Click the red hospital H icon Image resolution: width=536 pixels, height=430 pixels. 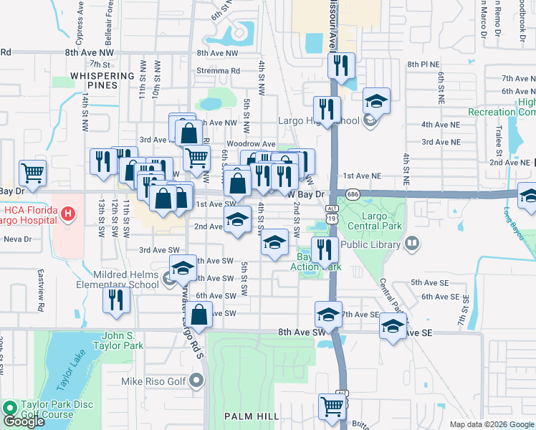68,213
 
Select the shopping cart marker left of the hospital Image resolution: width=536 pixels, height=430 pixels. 32,172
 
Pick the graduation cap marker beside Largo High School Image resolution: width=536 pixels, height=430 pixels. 376,101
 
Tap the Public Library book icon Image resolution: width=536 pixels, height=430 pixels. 412,244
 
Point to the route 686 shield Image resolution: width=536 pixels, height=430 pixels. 352,194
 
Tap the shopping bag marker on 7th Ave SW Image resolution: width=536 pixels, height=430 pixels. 201,314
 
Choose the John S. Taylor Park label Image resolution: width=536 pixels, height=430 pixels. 114,340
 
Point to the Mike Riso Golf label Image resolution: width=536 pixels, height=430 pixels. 164,381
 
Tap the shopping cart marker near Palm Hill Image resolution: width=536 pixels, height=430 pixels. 332,406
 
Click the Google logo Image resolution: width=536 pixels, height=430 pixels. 24,421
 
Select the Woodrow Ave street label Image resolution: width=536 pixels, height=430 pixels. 251,144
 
